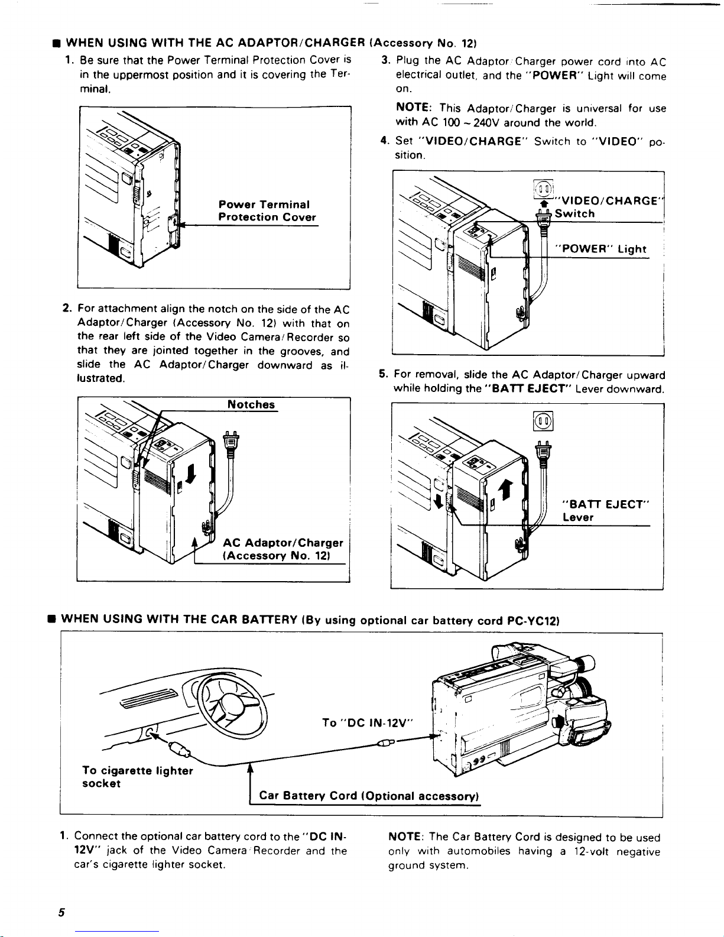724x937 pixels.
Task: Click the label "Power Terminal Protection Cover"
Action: [267, 211]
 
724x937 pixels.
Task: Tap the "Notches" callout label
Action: [251, 405]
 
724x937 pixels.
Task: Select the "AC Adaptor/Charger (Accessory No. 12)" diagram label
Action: [283, 549]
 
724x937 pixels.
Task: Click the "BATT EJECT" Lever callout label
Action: [605, 511]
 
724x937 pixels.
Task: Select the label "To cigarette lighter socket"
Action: [137, 777]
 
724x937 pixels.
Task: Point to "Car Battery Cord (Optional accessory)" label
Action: [369, 796]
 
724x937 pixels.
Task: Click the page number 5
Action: [61, 912]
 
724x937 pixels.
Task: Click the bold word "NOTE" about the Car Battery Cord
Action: [405, 837]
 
